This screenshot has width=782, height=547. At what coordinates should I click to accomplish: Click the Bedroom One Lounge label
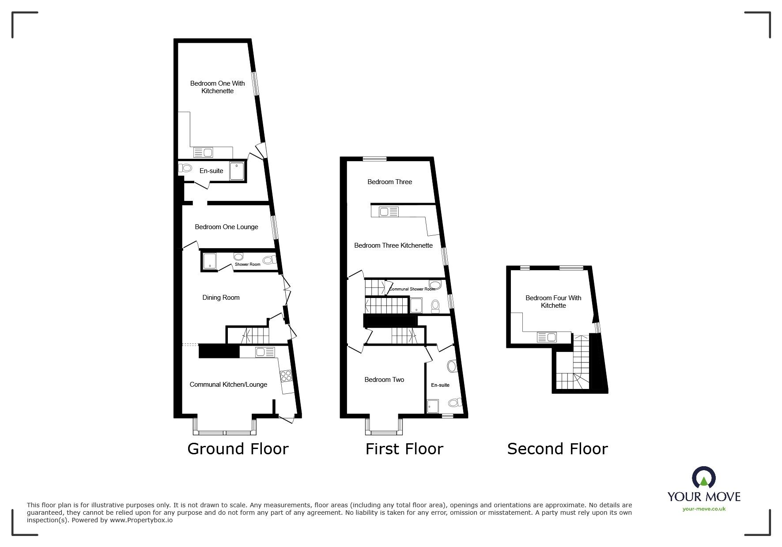pyautogui.click(x=226, y=227)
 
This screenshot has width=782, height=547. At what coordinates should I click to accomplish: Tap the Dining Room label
pyautogui.click(x=221, y=298)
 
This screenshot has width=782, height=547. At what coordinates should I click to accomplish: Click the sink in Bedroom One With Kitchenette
pyautogui.click(x=204, y=153)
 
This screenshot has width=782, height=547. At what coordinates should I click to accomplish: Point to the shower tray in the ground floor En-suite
pyautogui.click(x=237, y=171)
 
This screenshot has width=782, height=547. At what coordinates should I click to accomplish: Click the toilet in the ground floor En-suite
pyautogui.click(x=185, y=168)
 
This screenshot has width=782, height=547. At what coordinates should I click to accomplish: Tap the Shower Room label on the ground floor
pyautogui.click(x=247, y=264)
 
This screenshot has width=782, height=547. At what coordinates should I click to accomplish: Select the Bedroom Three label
pyautogui.click(x=389, y=182)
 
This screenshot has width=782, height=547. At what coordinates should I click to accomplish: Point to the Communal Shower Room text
pyautogui.click(x=412, y=289)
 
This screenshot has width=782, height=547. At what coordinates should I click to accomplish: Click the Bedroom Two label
pyautogui.click(x=384, y=380)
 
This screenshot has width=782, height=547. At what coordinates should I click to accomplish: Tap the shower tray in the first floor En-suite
pyautogui.click(x=433, y=405)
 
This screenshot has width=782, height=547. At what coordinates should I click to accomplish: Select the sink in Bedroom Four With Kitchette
pyautogui.click(x=547, y=338)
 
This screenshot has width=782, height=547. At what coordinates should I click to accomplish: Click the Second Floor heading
pyautogui.click(x=557, y=449)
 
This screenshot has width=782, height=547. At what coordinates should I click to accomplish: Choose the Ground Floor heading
pyautogui.click(x=238, y=449)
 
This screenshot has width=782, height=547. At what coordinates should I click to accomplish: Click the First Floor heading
pyautogui.click(x=404, y=449)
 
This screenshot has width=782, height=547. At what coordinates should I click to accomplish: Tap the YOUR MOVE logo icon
pyautogui.click(x=704, y=478)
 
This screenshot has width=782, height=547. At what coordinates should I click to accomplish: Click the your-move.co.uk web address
pyautogui.click(x=704, y=509)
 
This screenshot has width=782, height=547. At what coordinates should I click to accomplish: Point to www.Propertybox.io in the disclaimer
pyautogui.click(x=141, y=520)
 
